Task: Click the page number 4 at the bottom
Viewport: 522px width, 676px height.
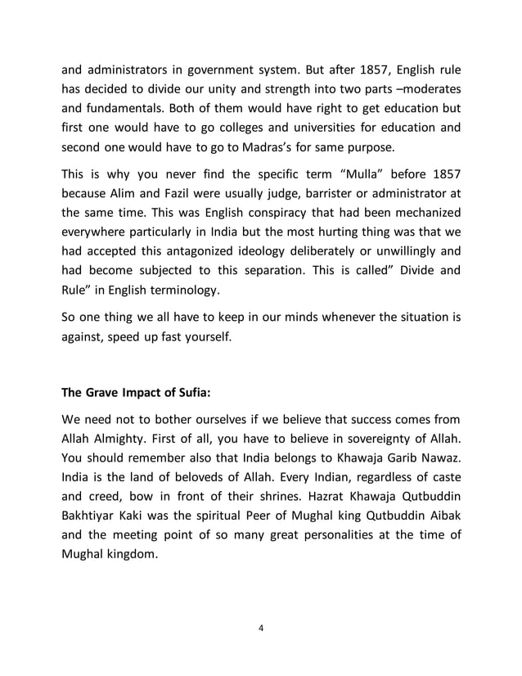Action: coord(260,628)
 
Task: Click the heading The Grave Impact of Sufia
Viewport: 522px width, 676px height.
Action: coord(137,391)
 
